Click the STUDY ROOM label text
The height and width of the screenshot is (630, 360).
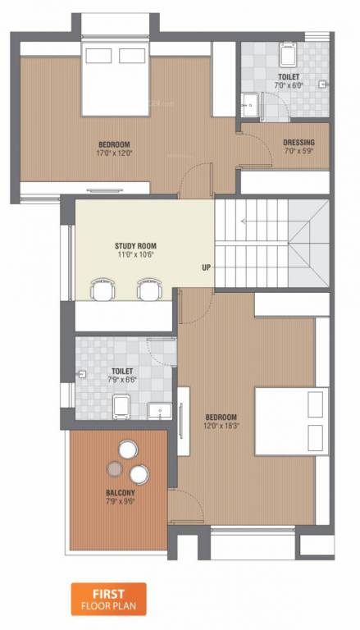coord(134,245)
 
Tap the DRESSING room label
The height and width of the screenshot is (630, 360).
coord(298,141)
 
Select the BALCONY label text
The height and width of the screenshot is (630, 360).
coord(120,493)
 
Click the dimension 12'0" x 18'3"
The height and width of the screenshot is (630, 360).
coord(221,426)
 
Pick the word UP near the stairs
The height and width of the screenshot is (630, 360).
coord(207,267)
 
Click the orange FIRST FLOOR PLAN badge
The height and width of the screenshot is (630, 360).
coord(107,599)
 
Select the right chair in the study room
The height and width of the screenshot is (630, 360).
coord(148,288)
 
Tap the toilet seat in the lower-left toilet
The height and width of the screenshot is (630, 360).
coord(120,406)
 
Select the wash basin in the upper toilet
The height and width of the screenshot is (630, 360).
coord(249,103)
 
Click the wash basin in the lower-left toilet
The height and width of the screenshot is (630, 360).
coord(157,409)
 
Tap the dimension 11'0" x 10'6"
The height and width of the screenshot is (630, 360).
coord(134,255)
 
